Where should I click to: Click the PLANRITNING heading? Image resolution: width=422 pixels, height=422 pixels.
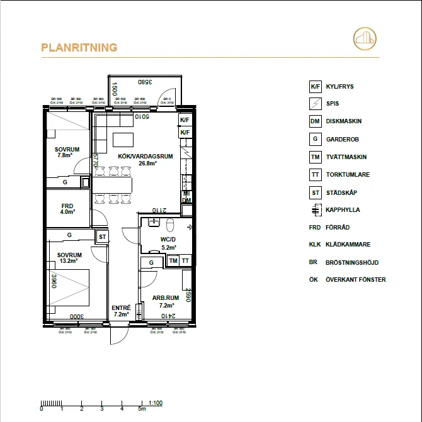[x=79, y=47]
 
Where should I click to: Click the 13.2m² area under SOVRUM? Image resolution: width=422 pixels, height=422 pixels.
[x=68, y=260]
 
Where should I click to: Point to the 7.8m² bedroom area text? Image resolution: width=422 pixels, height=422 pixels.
[x=66, y=155]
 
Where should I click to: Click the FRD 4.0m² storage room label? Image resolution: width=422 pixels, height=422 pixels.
[x=67, y=209]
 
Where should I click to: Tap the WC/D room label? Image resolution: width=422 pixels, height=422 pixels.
[x=168, y=240]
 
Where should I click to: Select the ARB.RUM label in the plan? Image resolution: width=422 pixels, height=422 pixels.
[x=166, y=298]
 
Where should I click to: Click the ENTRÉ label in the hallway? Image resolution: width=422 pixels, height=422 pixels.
[x=121, y=308]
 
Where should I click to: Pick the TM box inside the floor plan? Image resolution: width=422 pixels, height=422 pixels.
[x=173, y=260]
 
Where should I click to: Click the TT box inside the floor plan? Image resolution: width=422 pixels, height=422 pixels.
[x=186, y=260]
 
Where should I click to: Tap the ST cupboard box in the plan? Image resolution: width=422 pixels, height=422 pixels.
[x=102, y=236]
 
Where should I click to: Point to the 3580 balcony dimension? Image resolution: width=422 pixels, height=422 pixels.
[x=146, y=81]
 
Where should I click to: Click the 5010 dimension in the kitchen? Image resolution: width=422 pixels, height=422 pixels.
[x=142, y=116]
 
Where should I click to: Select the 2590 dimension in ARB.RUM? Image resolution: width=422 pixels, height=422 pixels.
[x=188, y=296]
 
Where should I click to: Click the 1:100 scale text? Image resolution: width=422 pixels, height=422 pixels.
[x=156, y=402]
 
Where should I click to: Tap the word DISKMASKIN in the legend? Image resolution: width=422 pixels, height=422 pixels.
[x=344, y=121]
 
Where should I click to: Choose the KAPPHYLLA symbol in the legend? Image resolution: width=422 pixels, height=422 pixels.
[x=316, y=210]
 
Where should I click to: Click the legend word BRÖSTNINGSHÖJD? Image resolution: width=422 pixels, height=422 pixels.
[x=351, y=262]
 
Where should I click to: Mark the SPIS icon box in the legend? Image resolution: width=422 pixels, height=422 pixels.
[x=316, y=104]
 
